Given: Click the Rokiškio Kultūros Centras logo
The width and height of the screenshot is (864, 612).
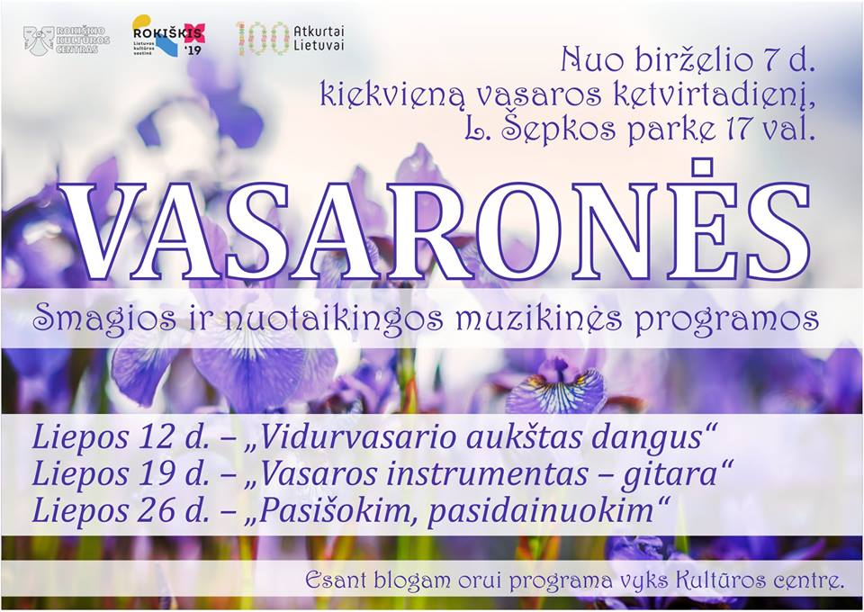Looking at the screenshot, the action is [x=66, y=40].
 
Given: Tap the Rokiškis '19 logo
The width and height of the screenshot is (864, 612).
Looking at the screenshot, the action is [x=168, y=35].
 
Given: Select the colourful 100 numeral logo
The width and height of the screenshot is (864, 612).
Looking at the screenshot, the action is [x=262, y=39].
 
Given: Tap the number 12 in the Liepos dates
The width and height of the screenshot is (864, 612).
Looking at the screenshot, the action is [x=156, y=438].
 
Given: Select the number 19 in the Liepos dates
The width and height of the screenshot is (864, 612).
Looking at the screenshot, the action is [x=156, y=475].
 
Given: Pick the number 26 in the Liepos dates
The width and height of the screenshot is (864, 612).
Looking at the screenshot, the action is [x=156, y=511].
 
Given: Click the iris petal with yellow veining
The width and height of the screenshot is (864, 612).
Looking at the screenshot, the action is [x=555, y=392].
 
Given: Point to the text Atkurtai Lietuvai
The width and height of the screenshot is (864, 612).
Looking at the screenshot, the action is [x=319, y=39].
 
